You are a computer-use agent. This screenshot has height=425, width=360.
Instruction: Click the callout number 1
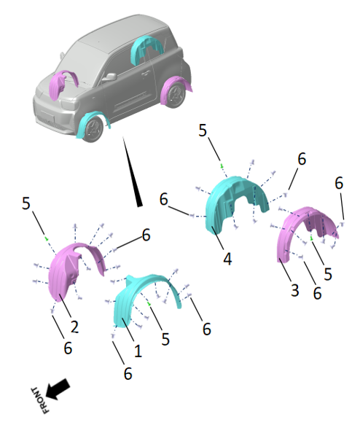pos(138,351)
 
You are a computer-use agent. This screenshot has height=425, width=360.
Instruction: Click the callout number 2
pos(74,327)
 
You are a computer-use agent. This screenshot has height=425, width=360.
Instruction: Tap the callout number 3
pos(295,289)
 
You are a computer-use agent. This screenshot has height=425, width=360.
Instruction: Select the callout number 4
pos(227,259)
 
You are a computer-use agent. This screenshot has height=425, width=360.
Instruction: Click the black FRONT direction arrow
pos(58,389)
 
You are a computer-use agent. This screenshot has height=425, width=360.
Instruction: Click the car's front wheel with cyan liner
pos(93,130)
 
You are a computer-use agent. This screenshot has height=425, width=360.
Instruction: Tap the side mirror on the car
pos(109,77)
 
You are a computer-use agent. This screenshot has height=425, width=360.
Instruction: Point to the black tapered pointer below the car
pos(133,172)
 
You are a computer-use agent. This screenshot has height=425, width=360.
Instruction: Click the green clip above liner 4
pos(222,166)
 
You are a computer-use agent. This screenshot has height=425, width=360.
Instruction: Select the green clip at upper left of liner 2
pos(47,239)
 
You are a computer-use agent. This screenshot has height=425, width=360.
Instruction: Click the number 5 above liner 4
pos(203,130)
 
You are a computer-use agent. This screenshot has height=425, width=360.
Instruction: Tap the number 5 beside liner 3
pos(328,274)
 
